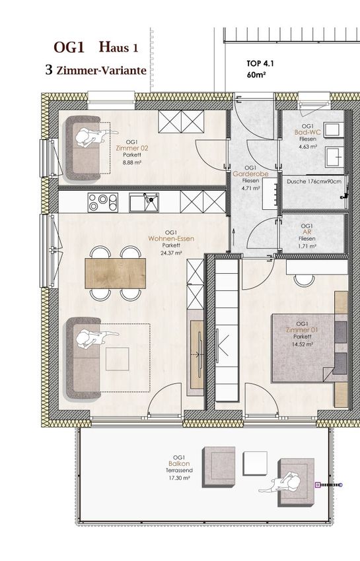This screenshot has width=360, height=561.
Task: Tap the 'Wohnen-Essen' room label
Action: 171,239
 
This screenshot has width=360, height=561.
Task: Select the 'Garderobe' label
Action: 250,174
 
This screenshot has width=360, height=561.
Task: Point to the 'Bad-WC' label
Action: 308,133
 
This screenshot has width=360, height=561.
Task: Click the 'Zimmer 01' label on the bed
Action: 302,330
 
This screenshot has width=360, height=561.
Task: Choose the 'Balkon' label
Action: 179,464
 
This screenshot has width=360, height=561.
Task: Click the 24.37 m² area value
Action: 171,252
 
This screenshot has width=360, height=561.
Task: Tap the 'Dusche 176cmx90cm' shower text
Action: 314,181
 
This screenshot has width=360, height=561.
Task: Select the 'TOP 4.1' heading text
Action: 260,63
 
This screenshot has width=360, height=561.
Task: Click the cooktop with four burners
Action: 103,202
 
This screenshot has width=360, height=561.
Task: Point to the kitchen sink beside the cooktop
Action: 144,203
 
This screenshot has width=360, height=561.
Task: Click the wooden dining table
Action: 116,273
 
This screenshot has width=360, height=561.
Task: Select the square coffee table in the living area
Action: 117,359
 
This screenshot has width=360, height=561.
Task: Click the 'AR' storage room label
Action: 307,232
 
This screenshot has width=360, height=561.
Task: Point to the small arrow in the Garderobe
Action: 234,236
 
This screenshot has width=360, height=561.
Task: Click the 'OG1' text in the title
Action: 69,48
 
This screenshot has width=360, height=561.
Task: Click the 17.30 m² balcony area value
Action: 179,478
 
